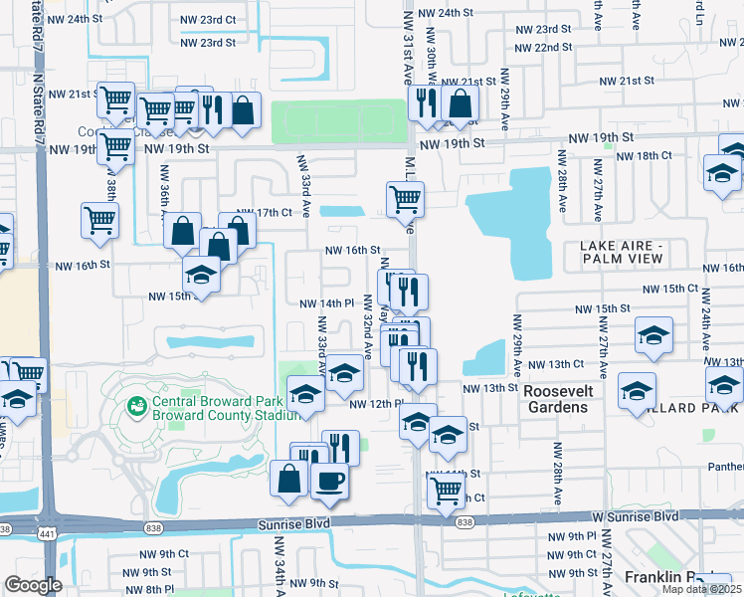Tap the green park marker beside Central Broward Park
pyautogui.click(x=136, y=406)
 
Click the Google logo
pyautogui.click(x=33, y=585)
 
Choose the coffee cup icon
pyautogui.click(x=329, y=480)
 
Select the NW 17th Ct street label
pyautogui.click(x=264, y=212)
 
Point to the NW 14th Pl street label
pyautogui.click(x=326, y=303)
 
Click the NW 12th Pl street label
pyautogui.click(x=375, y=404)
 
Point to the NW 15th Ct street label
pyautogui.click(x=670, y=288)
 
